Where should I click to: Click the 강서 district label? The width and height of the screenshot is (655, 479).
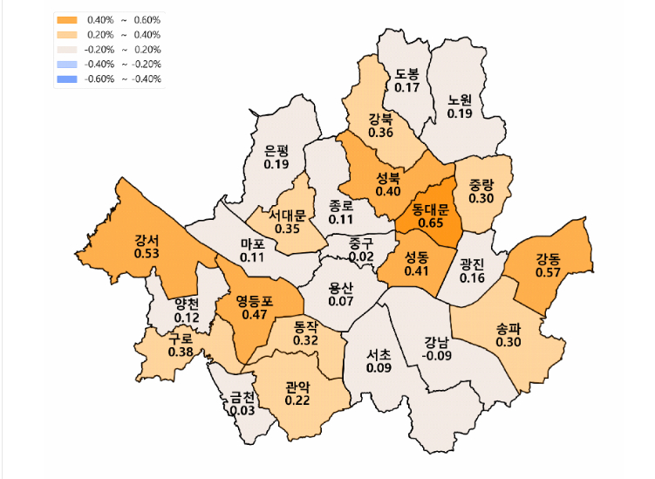pos(147,239)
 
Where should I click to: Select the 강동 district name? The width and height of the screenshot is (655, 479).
pos(548,258)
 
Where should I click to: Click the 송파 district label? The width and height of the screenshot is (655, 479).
pos(508,329)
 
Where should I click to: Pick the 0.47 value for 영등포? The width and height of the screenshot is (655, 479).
pos(255,314)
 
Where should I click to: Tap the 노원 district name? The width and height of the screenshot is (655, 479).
pos(460,100)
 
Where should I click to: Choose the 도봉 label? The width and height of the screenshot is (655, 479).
pos(407,74)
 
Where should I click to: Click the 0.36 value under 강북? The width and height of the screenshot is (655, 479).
pos(380,133)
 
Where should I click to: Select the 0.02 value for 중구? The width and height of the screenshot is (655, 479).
pos(360,257)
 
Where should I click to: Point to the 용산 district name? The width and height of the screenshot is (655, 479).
pos(341,288)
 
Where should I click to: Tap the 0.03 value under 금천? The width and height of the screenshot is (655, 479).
pos(242,410)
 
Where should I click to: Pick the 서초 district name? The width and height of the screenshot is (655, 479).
pos(379,355)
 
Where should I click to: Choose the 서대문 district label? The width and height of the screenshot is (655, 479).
pos(287,215)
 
